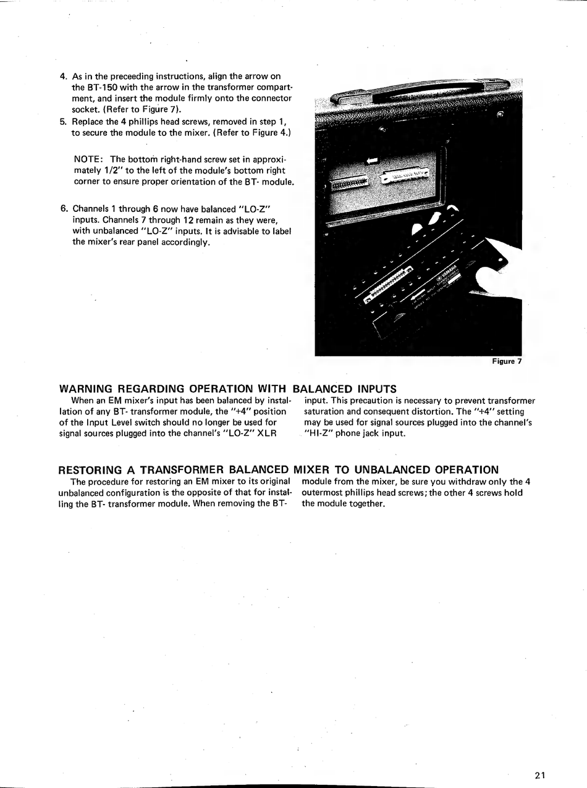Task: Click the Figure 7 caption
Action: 507,361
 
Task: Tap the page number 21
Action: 541,776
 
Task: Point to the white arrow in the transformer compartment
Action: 372,161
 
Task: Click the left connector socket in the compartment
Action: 350,183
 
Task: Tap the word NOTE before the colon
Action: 87,159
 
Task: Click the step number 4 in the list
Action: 63,77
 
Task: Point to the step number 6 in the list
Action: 63,209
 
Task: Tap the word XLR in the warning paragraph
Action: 266,433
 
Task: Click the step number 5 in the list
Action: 63,121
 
